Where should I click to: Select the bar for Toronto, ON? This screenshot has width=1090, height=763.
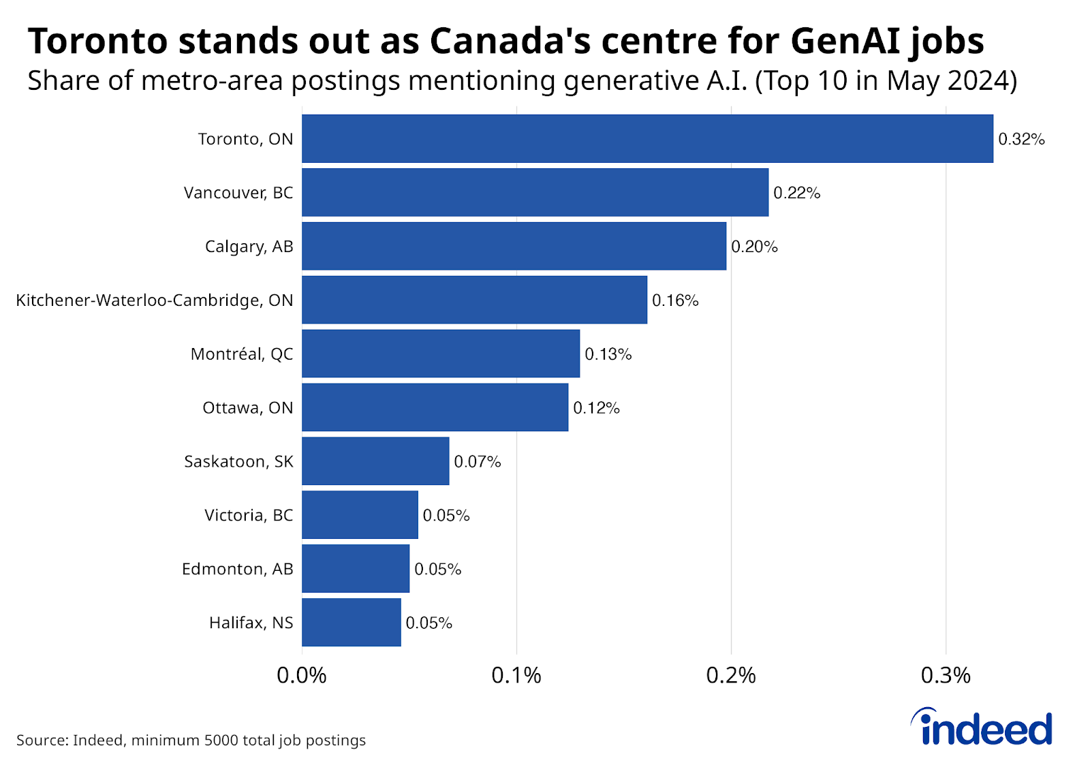point(647,138)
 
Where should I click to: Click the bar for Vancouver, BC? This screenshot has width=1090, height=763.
point(535,192)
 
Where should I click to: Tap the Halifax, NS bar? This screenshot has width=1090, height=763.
point(352,622)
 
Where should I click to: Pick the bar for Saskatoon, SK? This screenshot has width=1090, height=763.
point(375,461)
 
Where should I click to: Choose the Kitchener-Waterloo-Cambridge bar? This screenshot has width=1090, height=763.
point(474,300)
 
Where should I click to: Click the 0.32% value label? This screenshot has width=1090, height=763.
point(1021,139)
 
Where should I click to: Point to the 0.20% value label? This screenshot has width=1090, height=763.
point(754,247)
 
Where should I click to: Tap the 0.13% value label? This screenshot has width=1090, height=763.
point(608,354)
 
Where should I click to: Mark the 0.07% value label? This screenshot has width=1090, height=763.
point(477,462)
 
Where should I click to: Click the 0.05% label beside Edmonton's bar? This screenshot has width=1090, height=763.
point(437,570)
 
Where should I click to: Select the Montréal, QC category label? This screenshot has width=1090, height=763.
point(242,354)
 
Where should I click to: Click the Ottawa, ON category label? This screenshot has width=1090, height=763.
point(247,408)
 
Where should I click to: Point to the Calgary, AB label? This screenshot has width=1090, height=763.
point(249,247)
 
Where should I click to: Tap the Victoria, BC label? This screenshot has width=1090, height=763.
point(249,515)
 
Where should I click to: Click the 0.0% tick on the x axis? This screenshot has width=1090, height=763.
point(302,675)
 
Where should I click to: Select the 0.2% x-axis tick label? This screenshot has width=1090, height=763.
point(731,675)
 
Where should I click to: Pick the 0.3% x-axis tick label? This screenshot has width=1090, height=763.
point(946,675)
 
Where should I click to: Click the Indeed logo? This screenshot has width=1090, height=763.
point(982,728)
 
